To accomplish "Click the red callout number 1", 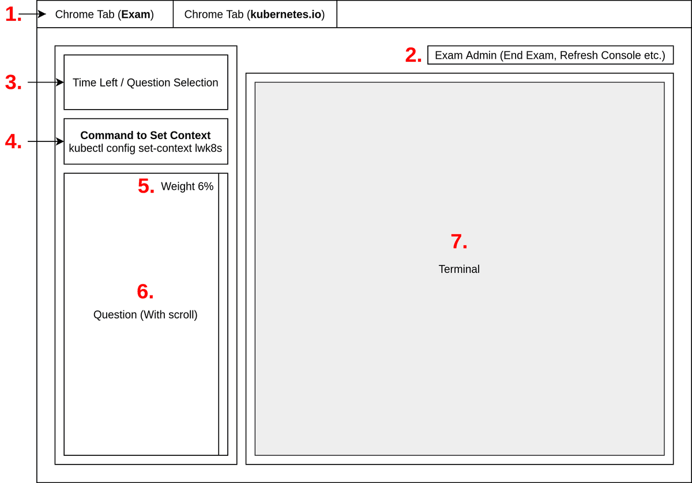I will coord(13,14).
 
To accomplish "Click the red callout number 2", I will coord(413,55).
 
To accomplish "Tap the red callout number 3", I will coord(13,83).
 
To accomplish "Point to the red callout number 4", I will coord(13,141).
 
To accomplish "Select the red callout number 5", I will coord(146,186).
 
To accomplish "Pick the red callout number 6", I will coord(145,292).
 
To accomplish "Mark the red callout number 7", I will coord(458,242).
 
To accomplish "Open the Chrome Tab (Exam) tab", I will coord(104,14).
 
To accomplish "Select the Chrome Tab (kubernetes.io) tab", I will coord(254,14).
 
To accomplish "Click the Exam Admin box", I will coord(550,55).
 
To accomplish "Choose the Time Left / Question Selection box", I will coord(145,83).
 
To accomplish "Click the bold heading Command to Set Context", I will coord(145,136).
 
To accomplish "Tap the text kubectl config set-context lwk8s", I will coord(145,148).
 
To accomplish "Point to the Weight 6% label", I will coord(187,186).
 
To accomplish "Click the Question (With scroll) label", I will coord(145,315).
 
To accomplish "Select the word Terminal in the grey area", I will coord(459,269).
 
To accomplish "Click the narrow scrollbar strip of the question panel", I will coord(223,314).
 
